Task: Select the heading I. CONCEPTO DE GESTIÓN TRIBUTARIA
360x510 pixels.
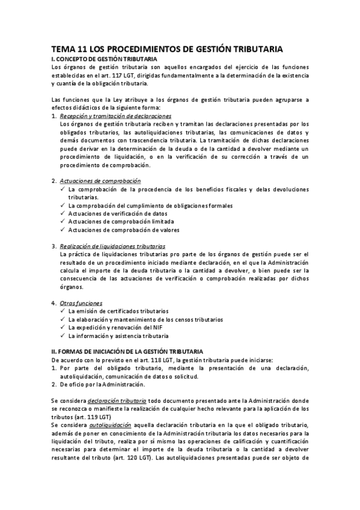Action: click(104, 59)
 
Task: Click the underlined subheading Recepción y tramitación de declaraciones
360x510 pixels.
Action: click(116, 116)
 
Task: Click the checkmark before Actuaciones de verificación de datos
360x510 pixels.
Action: click(64, 213)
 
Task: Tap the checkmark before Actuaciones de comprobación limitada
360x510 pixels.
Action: click(64, 221)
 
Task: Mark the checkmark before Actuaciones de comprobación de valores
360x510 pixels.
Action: click(64, 230)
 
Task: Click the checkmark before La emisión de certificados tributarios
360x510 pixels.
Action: click(64, 311)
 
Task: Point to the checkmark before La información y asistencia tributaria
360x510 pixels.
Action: click(64, 336)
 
